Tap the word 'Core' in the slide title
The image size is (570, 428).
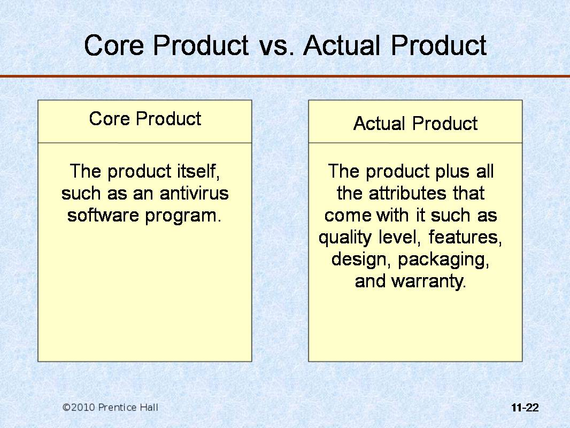(x=114, y=45)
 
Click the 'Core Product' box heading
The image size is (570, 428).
(x=145, y=119)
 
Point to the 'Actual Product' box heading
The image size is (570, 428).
(x=415, y=124)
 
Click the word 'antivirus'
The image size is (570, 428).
(x=194, y=193)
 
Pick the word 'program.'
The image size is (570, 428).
(x=183, y=216)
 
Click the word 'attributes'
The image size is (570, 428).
(x=407, y=193)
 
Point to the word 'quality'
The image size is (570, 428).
(x=345, y=238)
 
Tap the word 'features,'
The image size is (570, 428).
(x=465, y=238)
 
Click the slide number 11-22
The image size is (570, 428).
(x=525, y=408)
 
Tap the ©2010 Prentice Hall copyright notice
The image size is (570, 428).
(x=110, y=407)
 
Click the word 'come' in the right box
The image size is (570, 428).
(x=348, y=216)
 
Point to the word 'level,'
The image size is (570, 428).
(x=399, y=238)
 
